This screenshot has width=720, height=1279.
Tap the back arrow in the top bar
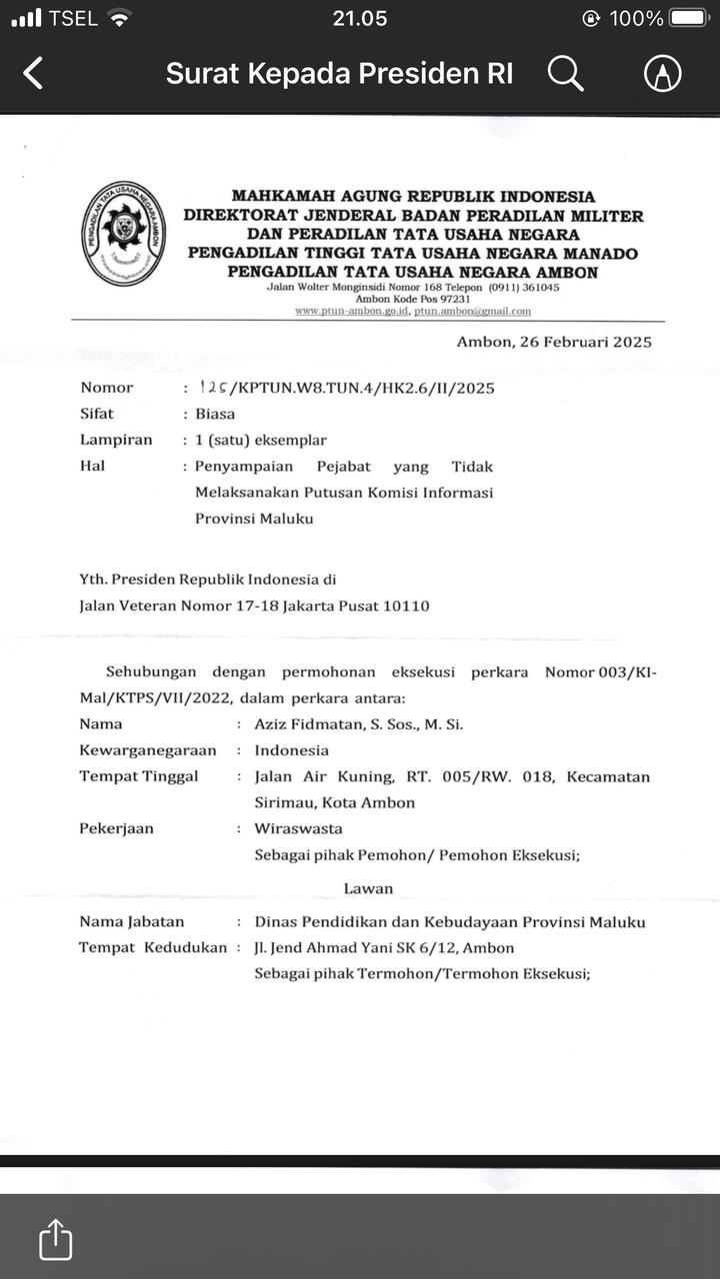coord(33,73)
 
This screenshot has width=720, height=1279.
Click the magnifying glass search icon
coord(565,73)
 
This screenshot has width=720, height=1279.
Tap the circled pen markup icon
coord(662,73)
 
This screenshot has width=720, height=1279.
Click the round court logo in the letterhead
coord(124,234)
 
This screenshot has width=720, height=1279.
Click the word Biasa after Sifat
coord(215,414)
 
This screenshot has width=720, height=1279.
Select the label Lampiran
coord(116,440)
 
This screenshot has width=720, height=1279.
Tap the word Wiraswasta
coord(298,828)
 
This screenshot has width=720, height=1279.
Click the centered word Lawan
coord(368,888)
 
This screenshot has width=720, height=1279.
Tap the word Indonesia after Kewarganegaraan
coord(291,749)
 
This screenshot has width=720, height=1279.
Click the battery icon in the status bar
coord(690,18)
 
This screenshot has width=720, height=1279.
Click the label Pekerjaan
coord(116,828)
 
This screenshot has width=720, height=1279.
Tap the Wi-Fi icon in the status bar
coord(120,18)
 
